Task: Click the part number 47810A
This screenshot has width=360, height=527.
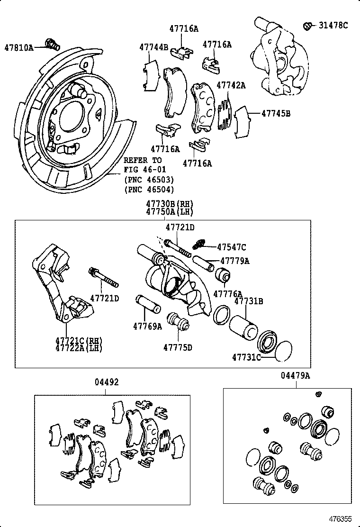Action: [x=19, y=47]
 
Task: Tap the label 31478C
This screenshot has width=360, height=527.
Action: [x=333, y=26]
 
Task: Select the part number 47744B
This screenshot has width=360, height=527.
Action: [x=153, y=47]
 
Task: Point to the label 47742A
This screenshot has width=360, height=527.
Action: [x=231, y=85]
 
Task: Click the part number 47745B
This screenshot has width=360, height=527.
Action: [x=276, y=114]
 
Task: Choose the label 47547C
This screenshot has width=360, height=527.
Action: [x=232, y=247]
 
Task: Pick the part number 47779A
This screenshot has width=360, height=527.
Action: [x=234, y=261]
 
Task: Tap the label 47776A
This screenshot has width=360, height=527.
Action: [x=227, y=294]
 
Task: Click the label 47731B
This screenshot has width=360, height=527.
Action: [x=249, y=301]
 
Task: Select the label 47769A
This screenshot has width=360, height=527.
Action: [x=147, y=326]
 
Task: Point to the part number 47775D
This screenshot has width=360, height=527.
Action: [x=178, y=347]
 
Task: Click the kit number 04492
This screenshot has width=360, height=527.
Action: [x=106, y=382]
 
